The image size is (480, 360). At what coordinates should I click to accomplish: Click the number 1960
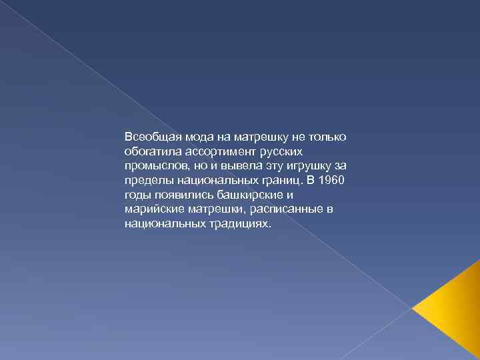[x=331, y=181]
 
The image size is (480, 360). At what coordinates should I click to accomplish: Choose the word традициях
[x=239, y=225]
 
